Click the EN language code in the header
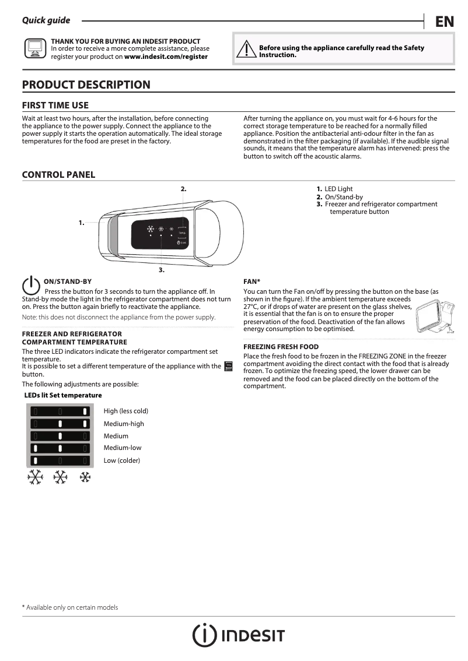[x=444, y=22]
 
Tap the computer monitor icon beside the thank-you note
[x=34, y=49]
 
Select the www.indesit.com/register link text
[x=166, y=57]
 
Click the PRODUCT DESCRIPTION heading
[x=86, y=85]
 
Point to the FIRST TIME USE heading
[x=55, y=106]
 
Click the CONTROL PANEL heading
[x=58, y=175]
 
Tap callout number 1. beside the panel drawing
[x=82, y=223]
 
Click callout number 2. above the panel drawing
[x=183, y=189]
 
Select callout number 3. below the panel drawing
[x=162, y=270]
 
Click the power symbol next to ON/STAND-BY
[x=31, y=284]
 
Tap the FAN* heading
[x=252, y=282]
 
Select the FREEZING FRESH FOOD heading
[x=281, y=347]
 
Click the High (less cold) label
[x=125, y=412]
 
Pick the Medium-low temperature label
[x=122, y=448]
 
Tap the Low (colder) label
[x=121, y=460]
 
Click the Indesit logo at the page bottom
[x=239, y=635]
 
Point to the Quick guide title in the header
[x=46, y=20]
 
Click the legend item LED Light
[x=338, y=189]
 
